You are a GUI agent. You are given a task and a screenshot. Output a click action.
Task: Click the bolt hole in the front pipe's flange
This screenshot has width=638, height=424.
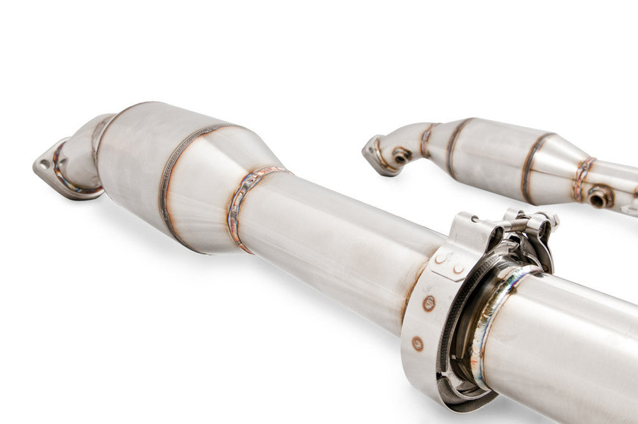[44, 164]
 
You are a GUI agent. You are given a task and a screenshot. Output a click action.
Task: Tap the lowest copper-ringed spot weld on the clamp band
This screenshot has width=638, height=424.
[417, 344]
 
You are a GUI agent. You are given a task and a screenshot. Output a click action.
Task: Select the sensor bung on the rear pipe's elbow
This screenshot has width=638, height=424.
[401, 155]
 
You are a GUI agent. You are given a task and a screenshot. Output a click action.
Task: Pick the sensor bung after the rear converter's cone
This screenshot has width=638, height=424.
[600, 196]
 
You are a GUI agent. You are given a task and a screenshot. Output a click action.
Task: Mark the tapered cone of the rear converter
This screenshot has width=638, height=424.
[555, 163]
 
